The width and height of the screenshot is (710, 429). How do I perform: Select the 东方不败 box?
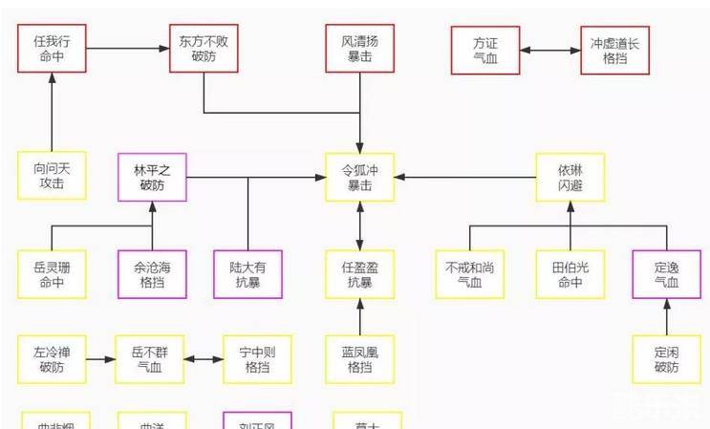pyautogui.click(x=204, y=50)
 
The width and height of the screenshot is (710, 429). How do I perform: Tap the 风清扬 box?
pyautogui.click(x=359, y=50)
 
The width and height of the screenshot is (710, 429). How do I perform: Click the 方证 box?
pyautogui.click(x=485, y=50)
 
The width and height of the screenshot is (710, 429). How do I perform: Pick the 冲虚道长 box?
pyautogui.click(x=614, y=50)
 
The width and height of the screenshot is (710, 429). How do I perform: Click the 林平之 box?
pyautogui.click(x=153, y=176)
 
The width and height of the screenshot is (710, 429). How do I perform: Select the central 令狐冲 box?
pyautogui.click(x=359, y=176)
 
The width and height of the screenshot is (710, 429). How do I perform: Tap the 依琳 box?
pyautogui.click(x=570, y=176)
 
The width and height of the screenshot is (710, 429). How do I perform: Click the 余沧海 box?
pyautogui.click(x=153, y=274)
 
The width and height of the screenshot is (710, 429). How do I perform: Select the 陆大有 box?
pyautogui.click(x=248, y=274)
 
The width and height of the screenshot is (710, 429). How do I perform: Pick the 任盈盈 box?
pyautogui.click(x=359, y=274)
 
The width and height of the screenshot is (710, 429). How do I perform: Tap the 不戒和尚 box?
pyautogui.click(x=469, y=274)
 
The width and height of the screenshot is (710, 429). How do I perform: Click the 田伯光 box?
pyautogui.click(x=570, y=274)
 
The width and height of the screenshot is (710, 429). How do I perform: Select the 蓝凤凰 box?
pyautogui.click(x=359, y=359)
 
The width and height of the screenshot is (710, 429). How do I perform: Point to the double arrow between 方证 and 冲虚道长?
pyautogui.click(x=549, y=50)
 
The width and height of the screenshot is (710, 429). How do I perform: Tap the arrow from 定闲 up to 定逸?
pyautogui.click(x=666, y=316)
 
